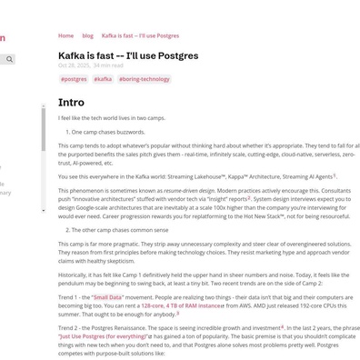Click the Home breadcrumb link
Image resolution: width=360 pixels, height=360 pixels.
(65, 35)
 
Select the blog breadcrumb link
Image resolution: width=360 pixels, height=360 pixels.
(87, 35)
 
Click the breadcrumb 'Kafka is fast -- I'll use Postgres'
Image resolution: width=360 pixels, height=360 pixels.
(140, 35)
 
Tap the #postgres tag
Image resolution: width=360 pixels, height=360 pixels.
(74, 79)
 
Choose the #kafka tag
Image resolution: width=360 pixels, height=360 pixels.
(103, 79)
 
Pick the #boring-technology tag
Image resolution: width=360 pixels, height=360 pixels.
(145, 79)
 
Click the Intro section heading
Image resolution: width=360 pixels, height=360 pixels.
(71, 103)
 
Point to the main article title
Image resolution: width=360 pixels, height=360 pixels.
(128, 55)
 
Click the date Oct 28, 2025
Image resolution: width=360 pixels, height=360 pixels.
(74, 65)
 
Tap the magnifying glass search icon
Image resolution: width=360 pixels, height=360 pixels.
(9, 59)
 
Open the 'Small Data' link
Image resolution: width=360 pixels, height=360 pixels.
(107, 297)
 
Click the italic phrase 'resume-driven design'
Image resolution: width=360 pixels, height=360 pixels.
(189, 191)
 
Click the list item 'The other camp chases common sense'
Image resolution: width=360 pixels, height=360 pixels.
(118, 230)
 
